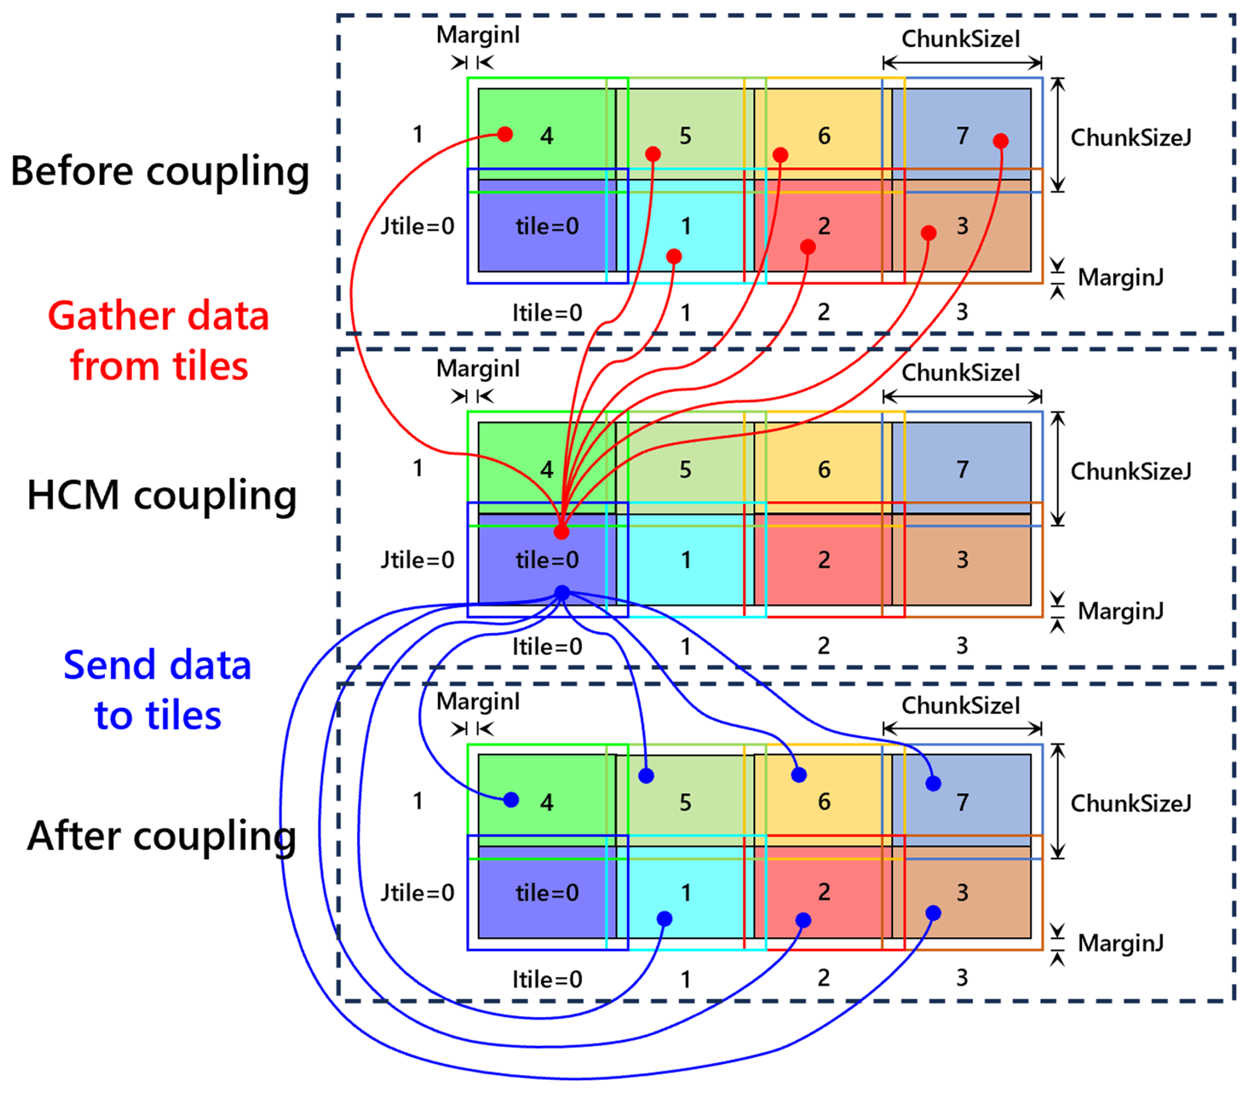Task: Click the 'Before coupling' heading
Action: [160, 171]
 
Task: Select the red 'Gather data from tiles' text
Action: [158, 341]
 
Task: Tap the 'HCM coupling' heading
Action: [162, 495]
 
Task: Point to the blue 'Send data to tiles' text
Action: [157, 690]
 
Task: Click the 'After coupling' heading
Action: [162, 836]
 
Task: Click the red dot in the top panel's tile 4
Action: [505, 135]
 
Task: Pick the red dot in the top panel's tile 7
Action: [1000, 141]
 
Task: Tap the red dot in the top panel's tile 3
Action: [928, 233]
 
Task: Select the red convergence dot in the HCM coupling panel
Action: [561, 532]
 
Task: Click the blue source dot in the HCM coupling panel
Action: [562, 592]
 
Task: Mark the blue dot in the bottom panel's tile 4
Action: [511, 800]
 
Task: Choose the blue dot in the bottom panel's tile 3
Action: [933, 913]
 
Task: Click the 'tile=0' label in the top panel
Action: [547, 226]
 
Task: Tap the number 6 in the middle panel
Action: [824, 469]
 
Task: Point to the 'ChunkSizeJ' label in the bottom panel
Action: [1131, 803]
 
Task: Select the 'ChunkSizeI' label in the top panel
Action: [961, 39]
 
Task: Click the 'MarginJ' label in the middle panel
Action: [1120, 611]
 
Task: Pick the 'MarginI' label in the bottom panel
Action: [478, 702]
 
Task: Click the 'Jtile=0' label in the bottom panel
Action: [417, 893]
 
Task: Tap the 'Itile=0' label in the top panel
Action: [547, 312]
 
